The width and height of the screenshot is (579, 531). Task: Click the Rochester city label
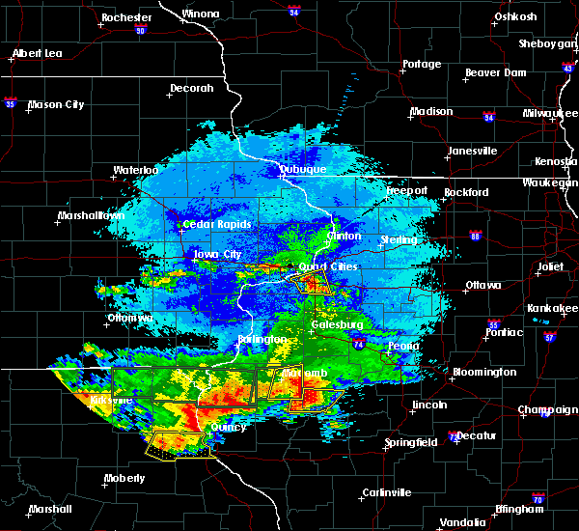point(126,17)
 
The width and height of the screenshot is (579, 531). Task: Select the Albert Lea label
point(38,53)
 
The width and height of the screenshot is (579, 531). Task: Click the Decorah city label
point(191,88)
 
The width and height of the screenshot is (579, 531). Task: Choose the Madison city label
point(430,111)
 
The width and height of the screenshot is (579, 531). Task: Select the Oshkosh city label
point(515,16)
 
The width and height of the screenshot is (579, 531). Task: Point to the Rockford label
point(466,192)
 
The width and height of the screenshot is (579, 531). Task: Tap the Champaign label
point(547,409)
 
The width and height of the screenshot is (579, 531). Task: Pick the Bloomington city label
point(483,372)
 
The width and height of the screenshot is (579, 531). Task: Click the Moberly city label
point(125,478)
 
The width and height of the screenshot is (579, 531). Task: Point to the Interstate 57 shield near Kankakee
point(549,338)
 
